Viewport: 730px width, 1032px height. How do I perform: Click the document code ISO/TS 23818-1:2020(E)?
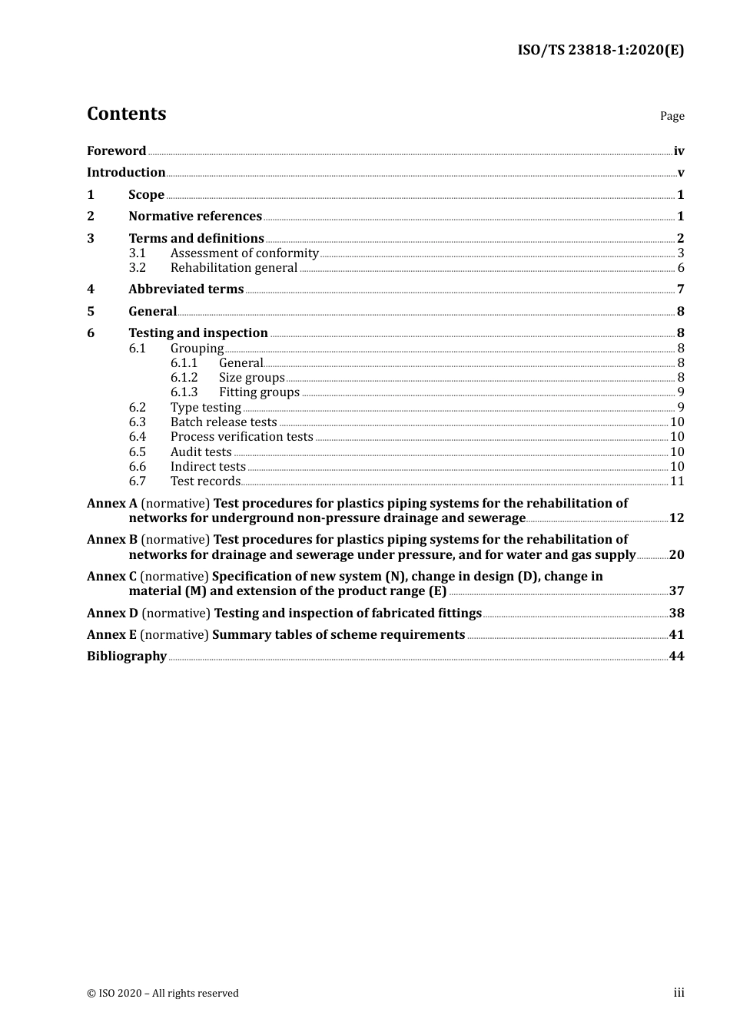[x=600, y=51]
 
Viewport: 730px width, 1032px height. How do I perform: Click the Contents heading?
[x=126, y=114]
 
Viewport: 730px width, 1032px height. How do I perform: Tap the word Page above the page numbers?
[x=672, y=116]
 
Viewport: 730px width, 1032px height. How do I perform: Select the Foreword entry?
[x=116, y=151]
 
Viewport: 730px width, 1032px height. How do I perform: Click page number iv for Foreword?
[x=679, y=151]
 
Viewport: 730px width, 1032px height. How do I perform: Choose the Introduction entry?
[x=126, y=173]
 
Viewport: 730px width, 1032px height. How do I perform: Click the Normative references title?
[x=195, y=217]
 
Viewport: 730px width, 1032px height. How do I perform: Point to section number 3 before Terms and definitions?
[x=91, y=239]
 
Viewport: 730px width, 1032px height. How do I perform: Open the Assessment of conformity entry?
[x=244, y=253]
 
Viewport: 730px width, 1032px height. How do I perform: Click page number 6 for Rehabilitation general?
[x=681, y=268]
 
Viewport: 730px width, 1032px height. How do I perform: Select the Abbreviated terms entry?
[x=186, y=289]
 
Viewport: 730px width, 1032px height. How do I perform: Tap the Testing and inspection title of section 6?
[x=198, y=333]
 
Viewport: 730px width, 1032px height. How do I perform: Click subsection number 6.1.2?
[x=184, y=378]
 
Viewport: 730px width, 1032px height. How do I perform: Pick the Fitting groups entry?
[x=259, y=392]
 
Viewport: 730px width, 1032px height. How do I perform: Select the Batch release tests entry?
[x=224, y=422]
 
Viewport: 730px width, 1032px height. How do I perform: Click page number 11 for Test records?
[x=677, y=481]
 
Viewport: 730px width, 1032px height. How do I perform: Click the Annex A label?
[x=112, y=504]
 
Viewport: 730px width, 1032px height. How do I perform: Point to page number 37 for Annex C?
[x=676, y=591]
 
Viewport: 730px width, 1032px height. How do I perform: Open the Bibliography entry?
[x=127, y=657]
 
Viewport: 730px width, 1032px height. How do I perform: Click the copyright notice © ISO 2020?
[x=163, y=994]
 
